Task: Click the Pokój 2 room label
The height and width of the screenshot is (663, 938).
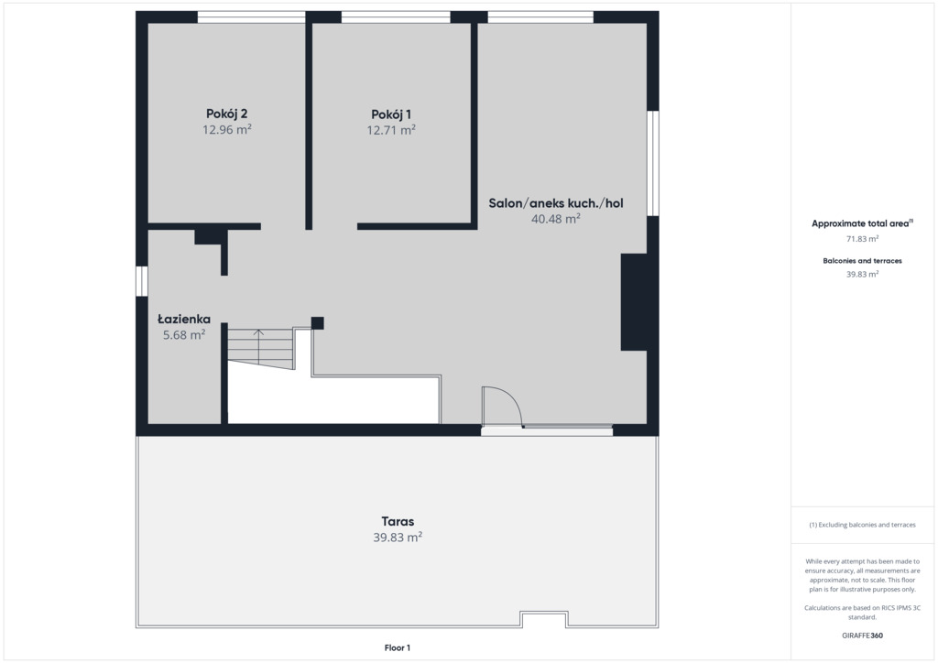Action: pyautogui.click(x=227, y=114)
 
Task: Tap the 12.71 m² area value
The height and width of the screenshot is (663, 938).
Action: pyautogui.click(x=391, y=130)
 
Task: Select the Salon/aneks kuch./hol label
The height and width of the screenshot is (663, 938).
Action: pyautogui.click(x=556, y=203)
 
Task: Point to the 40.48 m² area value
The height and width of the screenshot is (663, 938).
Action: pyautogui.click(x=556, y=219)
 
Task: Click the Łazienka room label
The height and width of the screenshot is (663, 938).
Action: pyautogui.click(x=184, y=320)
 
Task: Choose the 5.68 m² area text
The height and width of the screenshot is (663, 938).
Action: pyautogui.click(x=184, y=335)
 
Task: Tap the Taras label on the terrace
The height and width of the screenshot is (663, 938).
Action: pyautogui.click(x=398, y=521)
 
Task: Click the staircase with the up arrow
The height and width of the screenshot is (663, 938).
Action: pyautogui.click(x=261, y=349)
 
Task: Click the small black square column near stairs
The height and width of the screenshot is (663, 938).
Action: pyautogui.click(x=318, y=323)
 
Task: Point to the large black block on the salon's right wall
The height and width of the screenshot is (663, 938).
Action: pyautogui.click(x=634, y=302)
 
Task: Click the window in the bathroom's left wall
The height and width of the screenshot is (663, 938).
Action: pyautogui.click(x=142, y=281)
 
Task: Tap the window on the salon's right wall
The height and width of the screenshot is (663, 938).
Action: pyautogui.click(x=653, y=163)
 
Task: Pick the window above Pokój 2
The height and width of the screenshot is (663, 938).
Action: pyautogui.click(x=251, y=17)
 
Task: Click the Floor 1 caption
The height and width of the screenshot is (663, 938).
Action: pyautogui.click(x=398, y=647)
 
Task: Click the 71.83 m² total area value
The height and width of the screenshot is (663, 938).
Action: pyautogui.click(x=862, y=238)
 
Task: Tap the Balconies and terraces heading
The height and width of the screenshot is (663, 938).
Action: pyautogui.click(x=862, y=261)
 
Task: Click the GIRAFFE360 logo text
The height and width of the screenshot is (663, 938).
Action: pyautogui.click(x=862, y=636)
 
